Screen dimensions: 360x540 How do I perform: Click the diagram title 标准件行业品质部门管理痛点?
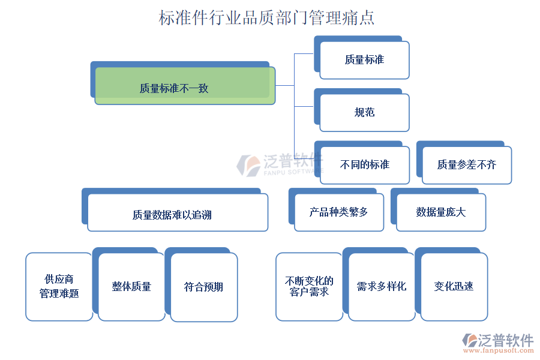pyautogui.click(x=266, y=17)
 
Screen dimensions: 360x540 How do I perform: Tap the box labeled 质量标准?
pyautogui.click(x=364, y=60)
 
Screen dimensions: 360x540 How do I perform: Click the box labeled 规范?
pyautogui.click(x=364, y=112)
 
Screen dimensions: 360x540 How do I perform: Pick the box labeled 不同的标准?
pyautogui.click(x=364, y=164)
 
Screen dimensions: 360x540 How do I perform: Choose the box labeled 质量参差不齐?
pyautogui.click(x=466, y=164)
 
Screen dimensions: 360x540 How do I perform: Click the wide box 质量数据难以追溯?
pyautogui.click(x=177, y=213)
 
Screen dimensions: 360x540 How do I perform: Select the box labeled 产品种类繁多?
pyautogui.click(x=338, y=212)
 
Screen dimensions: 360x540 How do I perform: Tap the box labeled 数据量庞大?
pyautogui.click(x=440, y=212)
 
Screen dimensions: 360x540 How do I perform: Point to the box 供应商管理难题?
pyautogui.click(x=59, y=286)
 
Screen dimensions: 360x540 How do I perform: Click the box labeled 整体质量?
pyautogui.click(x=131, y=286)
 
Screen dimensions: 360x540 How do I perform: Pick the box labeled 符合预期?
pyautogui.click(x=204, y=286)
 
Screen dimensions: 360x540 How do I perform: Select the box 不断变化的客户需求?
pyautogui.click(x=309, y=286)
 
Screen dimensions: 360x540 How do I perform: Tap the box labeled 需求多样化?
pyautogui.click(x=381, y=286)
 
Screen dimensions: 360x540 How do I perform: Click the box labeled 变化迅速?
pyautogui.click(x=454, y=286)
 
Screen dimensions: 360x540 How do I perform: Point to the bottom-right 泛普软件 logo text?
pyautogui.click(x=505, y=340)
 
